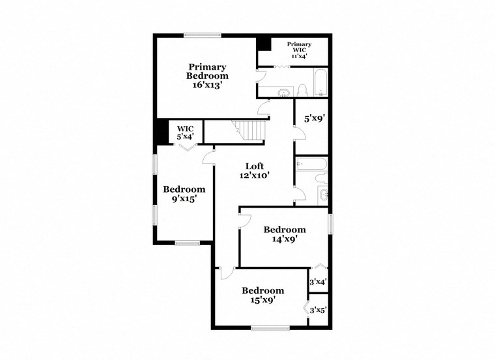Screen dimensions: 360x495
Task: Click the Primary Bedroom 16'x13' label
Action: click(x=208, y=76)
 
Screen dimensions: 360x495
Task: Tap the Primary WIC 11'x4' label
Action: click(x=300, y=50)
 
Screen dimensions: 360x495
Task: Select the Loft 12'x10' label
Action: click(x=253, y=170)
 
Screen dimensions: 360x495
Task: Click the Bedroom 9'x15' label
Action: click(x=184, y=194)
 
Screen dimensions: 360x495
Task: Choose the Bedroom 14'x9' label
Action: click(x=284, y=234)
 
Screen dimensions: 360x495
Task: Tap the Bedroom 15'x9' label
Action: click(x=262, y=295)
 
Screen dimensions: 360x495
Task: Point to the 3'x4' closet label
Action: click(x=317, y=282)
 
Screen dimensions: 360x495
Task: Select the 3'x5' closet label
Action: click(x=317, y=310)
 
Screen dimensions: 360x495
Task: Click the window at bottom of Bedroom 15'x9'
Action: click(x=270, y=327)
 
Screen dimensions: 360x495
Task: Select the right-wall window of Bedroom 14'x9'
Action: click(x=330, y=223)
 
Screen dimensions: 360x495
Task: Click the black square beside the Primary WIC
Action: click(x=264, y=44)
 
